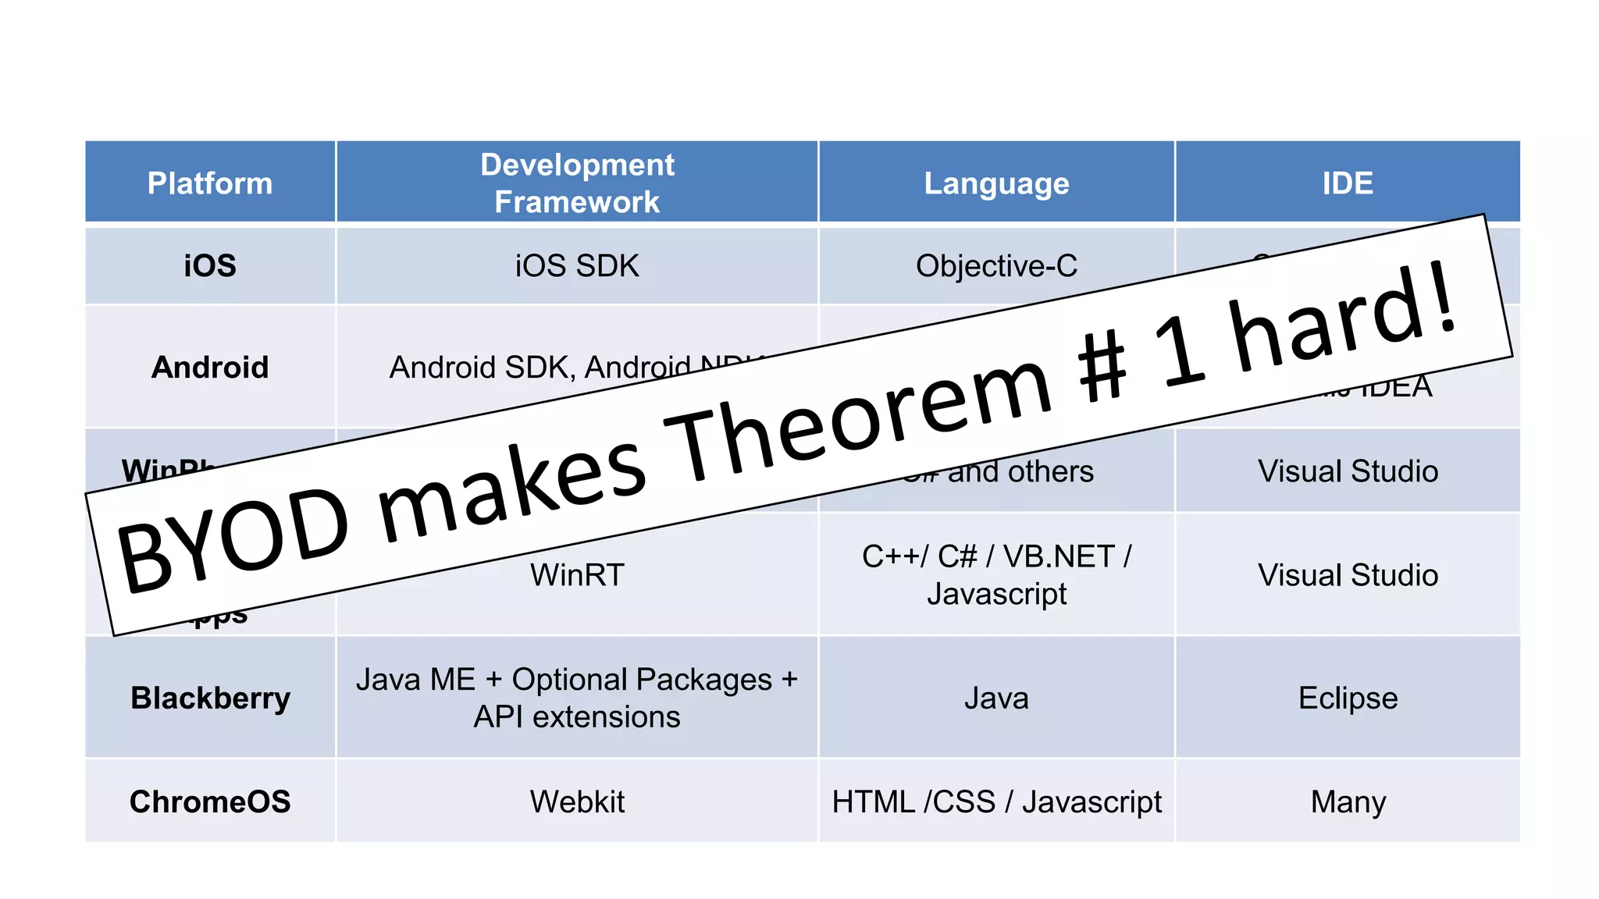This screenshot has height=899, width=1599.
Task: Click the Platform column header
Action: [x=210, y=183]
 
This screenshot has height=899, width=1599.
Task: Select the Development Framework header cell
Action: [x=577, y=183]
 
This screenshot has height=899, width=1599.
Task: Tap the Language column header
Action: [x=996, y=183]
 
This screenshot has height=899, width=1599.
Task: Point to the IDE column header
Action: [x=1348, y=183]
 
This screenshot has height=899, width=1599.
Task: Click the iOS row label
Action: [x=210, y=266]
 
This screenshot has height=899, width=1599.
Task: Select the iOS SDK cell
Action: [x=577, y=266]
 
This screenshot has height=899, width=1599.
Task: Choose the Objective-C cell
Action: [x=996, y=266]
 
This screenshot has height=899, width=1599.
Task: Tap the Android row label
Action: [x=210, y=368]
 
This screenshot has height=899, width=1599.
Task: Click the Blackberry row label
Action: [x=210, y=698]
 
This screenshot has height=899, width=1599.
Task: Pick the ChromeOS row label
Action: [x=210, y=801]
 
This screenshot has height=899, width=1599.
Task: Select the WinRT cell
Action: [x=577, y=575]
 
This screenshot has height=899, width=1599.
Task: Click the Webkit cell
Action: [x=577, y=801]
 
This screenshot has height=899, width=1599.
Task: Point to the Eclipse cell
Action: [x=1348, y=698]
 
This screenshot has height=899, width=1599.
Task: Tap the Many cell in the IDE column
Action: [x=1348, y=801]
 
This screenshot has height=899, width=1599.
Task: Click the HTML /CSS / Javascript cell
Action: [x=996, y=801]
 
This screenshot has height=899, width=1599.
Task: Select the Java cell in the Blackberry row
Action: [x=996, y=698]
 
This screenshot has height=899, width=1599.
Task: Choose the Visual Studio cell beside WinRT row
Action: [x=1348, y=575]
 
